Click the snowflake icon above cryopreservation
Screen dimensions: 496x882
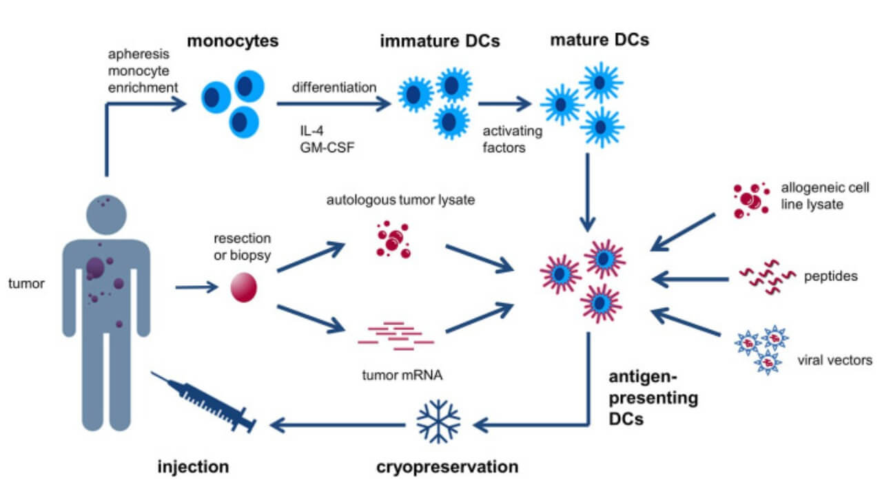click(x=438, y=421)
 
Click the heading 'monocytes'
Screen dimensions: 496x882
click(x=232, y=41)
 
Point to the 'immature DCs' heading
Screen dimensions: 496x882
click(x=440, y=41)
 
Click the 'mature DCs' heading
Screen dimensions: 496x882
click(x=599, y=41)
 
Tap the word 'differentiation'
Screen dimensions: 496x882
click(x=334, y=87)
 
